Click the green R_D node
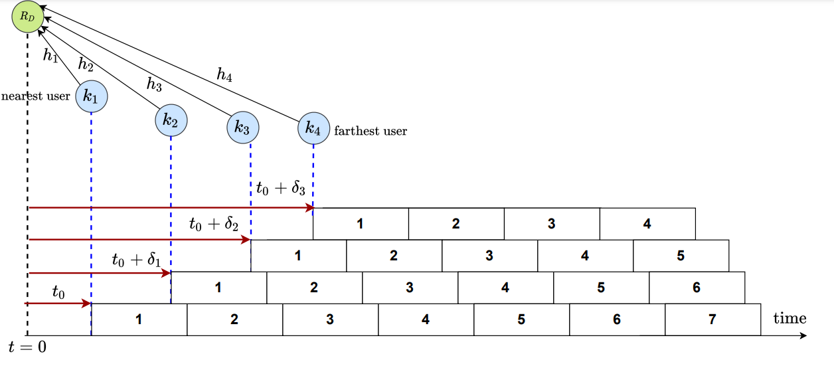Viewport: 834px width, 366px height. [27, 17]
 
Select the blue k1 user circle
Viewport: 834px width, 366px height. [91, 98]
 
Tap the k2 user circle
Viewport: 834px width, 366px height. [171, 120]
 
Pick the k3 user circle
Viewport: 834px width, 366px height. [242, 128]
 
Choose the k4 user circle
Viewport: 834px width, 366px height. [313, 128]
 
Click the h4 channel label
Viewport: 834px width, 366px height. [224, 75]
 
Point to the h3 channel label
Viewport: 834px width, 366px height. [154, 84]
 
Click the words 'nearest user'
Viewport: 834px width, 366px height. [36, 96]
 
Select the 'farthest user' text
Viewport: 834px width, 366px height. [371, 131]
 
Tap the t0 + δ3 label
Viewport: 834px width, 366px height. [280, 189]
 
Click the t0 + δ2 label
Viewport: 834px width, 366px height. [213, 224]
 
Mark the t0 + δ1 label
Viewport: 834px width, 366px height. [137, 259]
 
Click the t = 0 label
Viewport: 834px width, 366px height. [27, 347]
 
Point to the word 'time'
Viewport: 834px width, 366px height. [790, 318]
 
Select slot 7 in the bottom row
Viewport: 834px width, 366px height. [712, 320]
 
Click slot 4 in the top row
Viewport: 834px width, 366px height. [647, 224]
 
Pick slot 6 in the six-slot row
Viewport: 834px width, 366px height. [697, 288]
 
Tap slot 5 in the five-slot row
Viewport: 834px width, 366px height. [681, 256]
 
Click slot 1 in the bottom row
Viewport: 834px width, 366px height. [139, 320]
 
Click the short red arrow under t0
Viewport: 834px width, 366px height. [58, 304]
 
